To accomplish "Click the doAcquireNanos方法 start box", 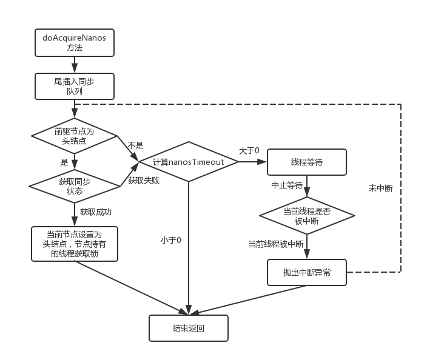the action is [74, 43].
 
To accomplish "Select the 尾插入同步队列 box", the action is [74, 85].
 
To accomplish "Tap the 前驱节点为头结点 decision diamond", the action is [74, 136].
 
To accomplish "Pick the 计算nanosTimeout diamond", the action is [189, 162].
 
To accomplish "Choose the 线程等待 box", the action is [307, 162].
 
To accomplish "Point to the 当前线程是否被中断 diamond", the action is [307, 216].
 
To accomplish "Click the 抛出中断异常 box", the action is [307, 272].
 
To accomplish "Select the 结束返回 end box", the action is [189, 328].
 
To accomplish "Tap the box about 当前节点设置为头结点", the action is [74, 244].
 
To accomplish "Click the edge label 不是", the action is [135, 145].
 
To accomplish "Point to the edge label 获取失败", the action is [144, 181].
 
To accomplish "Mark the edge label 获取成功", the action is [96, 212].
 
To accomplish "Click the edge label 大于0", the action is [249, 150].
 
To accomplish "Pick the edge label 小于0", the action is [172, 240].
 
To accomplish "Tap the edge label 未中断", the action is [380, 188].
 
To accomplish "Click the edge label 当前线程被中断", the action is [276, 244].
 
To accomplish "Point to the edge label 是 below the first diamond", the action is [64, 162].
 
